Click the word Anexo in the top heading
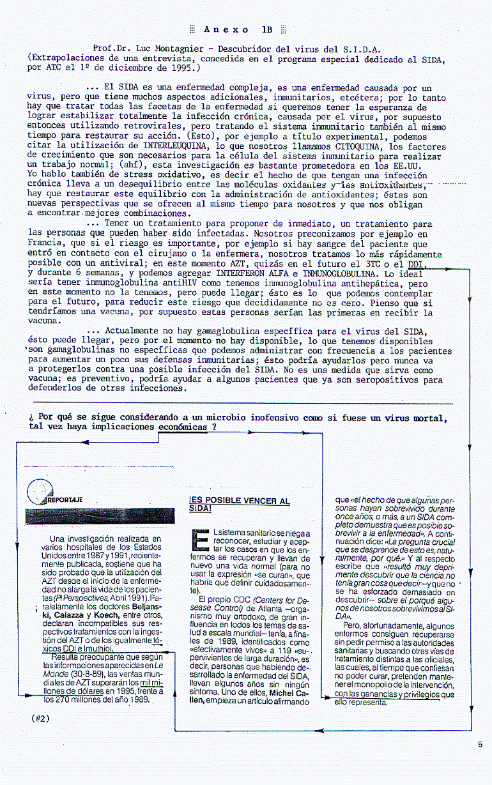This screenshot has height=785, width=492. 226,29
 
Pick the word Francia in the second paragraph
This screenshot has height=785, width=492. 46,243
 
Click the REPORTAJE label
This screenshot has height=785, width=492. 66,499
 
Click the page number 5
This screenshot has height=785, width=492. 480,743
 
